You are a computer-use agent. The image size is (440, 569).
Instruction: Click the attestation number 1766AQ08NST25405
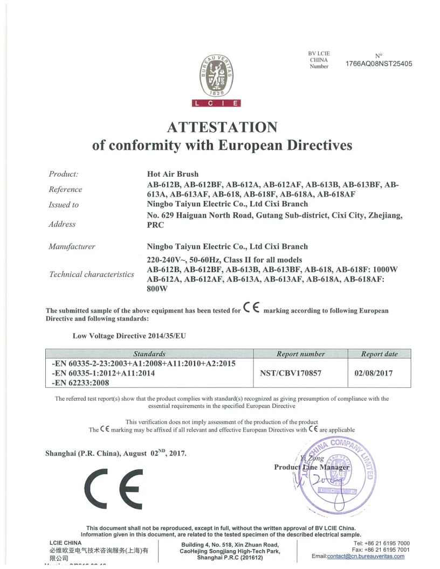click(x=379, y=63)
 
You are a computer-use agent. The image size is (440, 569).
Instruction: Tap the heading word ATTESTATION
click(x=222, y=127)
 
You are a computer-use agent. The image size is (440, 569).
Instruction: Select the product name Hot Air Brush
click(x=173, y=174)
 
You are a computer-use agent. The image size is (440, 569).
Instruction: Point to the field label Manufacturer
click(x=72, y=247)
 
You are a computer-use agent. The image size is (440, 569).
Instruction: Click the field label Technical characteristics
click(x=92, y=274)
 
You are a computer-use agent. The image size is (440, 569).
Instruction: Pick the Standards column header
click(x=149, y=354)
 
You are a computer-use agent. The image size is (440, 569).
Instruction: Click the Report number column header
click(x=300, y=354)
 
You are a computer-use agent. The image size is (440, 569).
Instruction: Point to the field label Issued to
click(x=64, y=204)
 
